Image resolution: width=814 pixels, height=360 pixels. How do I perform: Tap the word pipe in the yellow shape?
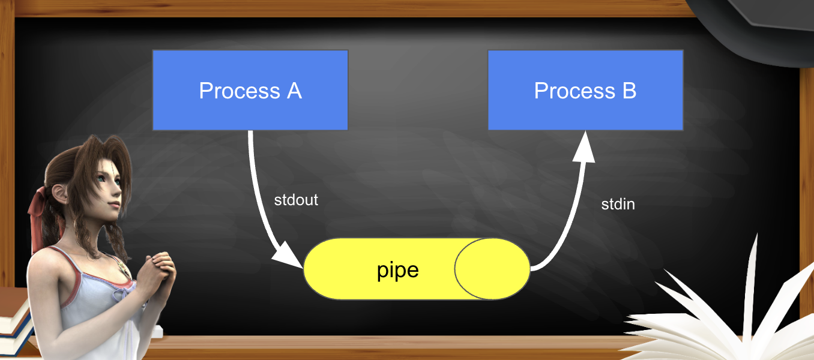397,270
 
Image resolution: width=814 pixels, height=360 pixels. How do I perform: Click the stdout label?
296,200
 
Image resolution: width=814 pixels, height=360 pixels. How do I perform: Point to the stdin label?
618,204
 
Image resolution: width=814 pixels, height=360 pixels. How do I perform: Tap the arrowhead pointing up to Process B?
583,148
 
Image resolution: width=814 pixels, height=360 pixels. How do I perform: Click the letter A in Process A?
294,91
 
